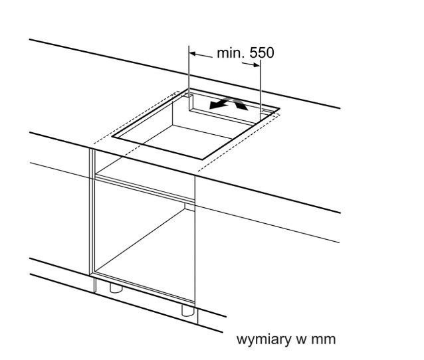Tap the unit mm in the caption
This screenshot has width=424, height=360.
[x=324, y=339]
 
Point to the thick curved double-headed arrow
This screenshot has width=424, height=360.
[x=227, y=103]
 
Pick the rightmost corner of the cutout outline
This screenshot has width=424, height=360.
[x=279, y=110]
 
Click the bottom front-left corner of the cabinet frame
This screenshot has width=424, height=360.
[x=93, y=274]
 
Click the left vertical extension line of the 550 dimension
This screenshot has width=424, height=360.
[x=190, y=73]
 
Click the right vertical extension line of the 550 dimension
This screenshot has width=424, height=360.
[x=261, y=86]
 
